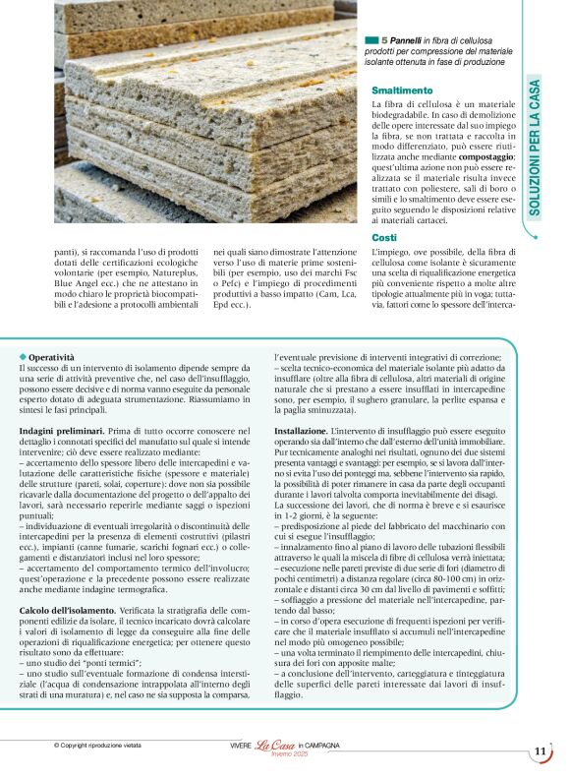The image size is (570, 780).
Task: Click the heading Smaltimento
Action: pos(403,90)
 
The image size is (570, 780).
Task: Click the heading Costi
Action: pos(384,237)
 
